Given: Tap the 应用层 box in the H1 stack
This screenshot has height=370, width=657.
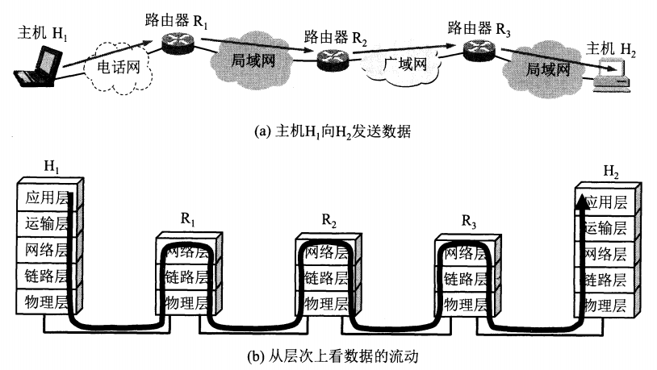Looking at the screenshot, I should (x=42, y=197).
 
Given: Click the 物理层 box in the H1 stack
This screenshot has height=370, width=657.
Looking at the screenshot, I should (x=42, y=303).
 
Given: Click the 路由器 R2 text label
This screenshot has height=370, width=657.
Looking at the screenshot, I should (x=335, y=37).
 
